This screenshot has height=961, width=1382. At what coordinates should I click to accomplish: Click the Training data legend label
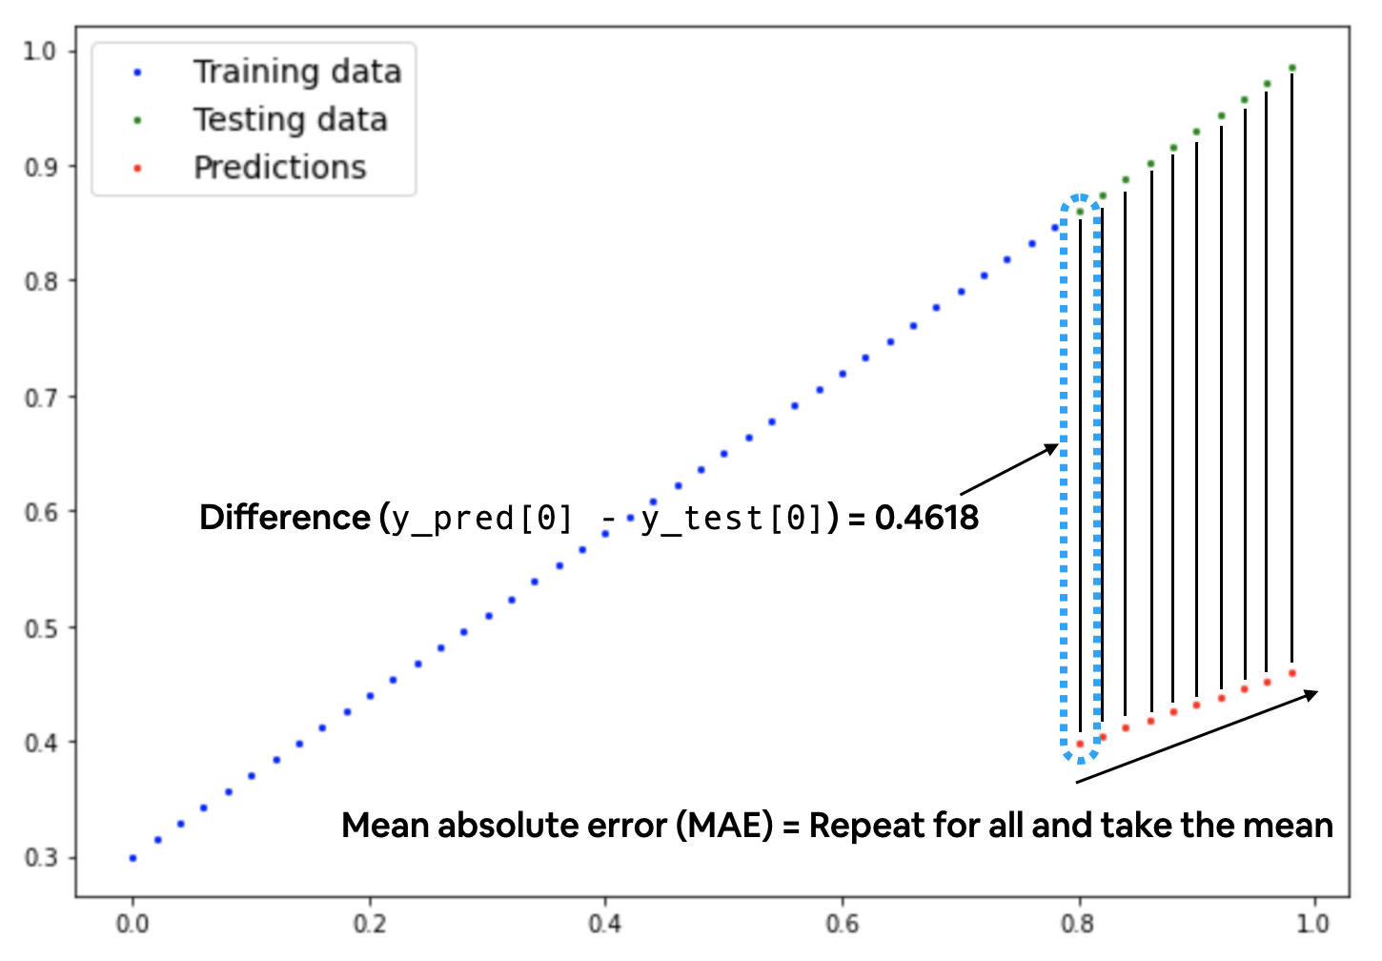point(297,72)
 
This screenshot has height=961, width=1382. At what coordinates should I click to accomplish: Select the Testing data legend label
point(291,120)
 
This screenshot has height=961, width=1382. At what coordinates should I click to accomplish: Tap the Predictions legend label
point(280,168)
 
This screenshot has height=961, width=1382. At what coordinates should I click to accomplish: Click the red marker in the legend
point(138,169)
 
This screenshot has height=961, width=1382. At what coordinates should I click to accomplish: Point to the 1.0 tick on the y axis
point(40,51)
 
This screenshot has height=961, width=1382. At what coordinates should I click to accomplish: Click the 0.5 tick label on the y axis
point(40,628)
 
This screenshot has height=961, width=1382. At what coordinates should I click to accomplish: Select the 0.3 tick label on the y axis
point(40,858)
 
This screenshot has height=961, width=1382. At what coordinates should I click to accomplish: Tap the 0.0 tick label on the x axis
point(132,924)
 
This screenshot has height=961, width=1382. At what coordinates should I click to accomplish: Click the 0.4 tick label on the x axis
point(604,924)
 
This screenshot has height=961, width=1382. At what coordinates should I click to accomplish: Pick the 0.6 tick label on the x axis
point(842,924)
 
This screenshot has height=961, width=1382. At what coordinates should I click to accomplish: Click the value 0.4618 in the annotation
point(926,518)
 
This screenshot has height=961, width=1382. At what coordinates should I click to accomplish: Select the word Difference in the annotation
point(284,518)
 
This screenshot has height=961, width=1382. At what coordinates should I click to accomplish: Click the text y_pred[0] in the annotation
point(482,519)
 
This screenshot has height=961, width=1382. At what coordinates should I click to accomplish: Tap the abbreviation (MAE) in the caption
point(724,825)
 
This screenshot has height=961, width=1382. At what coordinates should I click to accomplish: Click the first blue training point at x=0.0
point(132,858)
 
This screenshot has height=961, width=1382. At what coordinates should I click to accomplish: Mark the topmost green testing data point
point(1292,69)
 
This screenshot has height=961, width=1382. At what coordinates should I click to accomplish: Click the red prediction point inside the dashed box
point(1080,744)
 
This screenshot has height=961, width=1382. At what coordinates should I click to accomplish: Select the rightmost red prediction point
point(1292,673)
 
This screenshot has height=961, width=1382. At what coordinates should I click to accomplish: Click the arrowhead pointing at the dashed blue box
point(1053,447)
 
